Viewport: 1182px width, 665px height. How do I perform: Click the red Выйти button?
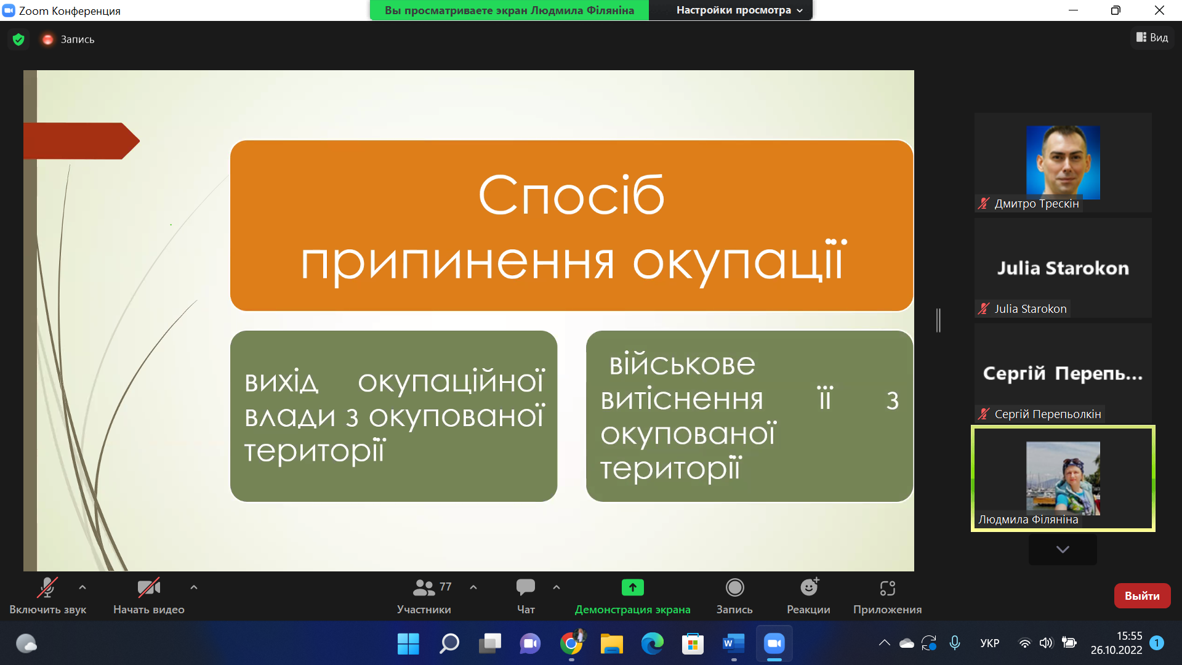pos(1142,595)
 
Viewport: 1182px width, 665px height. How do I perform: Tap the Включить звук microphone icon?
pos(47,587)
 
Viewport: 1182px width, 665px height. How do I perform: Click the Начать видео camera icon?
pos(149,587)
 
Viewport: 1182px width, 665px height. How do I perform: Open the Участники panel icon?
pos(424,587)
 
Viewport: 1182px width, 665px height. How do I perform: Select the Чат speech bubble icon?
pos(526,587)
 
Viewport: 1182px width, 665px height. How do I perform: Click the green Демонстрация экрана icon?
pos(633,587)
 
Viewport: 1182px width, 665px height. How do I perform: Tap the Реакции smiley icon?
pos(810,587)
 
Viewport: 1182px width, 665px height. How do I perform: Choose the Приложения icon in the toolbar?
pos(888,588)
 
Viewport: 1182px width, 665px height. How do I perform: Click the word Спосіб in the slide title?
pos(571,195)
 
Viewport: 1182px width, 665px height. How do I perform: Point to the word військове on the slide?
pos(682,364)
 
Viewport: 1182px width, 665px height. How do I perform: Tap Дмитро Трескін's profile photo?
pos(1063,162)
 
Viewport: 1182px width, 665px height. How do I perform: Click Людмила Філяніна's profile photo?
pos(1063,478)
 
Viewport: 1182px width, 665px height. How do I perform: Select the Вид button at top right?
pos(1152,38)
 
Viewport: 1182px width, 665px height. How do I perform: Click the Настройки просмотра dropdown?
pos(739,10)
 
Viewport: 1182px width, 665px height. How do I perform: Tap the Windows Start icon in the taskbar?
pos(408,644)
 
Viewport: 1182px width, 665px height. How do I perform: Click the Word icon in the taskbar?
pos(733,644)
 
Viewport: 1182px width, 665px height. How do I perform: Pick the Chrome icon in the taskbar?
pos(571,644)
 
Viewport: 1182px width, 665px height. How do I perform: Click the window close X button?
pos(1159,10)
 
